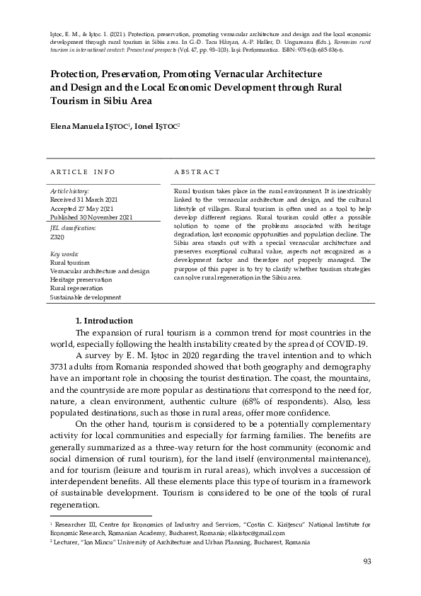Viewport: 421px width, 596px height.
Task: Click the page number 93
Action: [367, 561]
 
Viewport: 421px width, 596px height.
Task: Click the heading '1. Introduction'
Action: [105, 321]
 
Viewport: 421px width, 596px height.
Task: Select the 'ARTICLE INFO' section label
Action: [83, 172]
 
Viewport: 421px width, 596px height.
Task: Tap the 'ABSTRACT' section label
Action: [197, 172]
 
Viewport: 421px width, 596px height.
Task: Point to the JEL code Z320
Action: [57, 237]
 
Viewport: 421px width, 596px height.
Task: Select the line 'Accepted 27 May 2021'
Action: [81, 209]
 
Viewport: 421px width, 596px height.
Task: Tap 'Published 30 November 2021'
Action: [91, 217]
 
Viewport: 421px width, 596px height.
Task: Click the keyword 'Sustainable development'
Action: [85, 297]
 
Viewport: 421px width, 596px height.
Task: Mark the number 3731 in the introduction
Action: [62, 367]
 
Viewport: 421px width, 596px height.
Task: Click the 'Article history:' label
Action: [69, 192]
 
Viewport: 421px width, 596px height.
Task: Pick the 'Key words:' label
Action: [64, 253]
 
